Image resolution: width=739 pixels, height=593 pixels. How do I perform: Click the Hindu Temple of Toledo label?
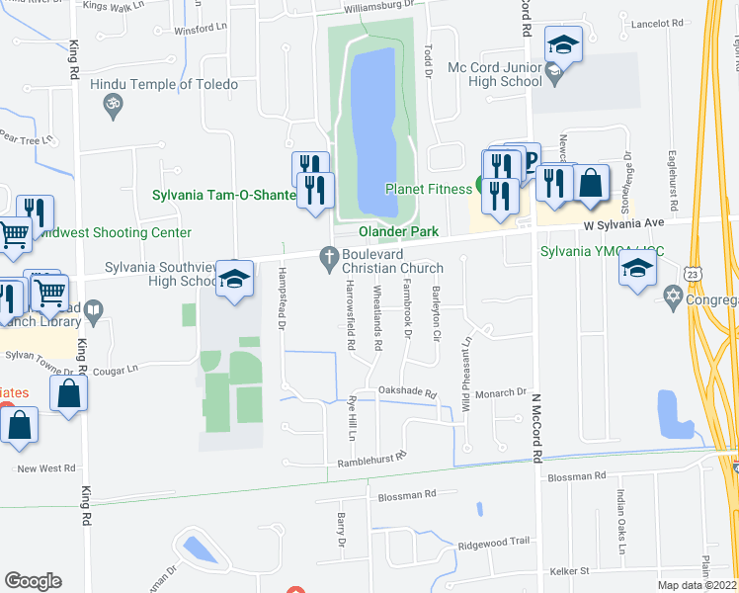(x=164, y=84)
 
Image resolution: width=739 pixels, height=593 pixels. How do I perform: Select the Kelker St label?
(x=568, y=570)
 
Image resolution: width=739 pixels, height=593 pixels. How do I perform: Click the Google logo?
(x=33, y=581)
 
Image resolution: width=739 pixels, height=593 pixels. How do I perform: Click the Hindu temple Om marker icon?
(x=112, y=103)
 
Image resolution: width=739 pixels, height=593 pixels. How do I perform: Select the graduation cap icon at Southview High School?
(x=235, y=280)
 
